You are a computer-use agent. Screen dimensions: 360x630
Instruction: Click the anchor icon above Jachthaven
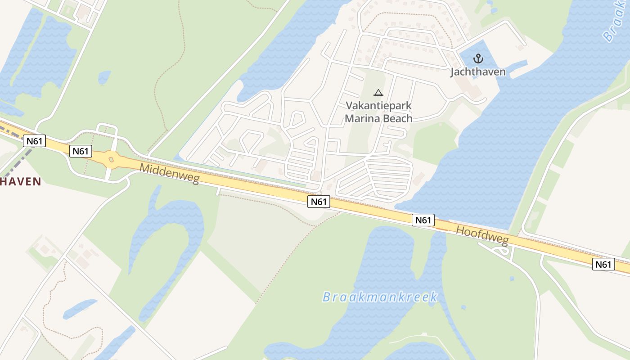[478, 58]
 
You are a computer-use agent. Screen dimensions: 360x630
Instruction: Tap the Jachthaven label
[478, 72]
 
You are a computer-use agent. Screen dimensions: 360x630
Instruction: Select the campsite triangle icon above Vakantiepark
[378, 93]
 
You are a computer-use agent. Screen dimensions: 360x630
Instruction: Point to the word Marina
[361, 118]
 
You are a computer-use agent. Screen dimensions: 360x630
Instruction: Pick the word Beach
[396, 118]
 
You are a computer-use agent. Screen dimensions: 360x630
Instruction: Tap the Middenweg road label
[169, 173]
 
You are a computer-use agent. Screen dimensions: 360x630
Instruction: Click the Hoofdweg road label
[482, 235]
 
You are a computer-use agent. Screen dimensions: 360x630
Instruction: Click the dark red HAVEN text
[21, 181]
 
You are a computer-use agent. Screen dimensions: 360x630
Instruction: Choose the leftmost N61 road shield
[35, 141]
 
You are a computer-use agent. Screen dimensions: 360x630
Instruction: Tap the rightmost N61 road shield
[603, 264]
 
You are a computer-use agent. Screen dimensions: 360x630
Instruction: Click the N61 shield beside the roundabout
[81, 151]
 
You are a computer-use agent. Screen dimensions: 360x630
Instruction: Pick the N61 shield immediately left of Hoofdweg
[423, 220]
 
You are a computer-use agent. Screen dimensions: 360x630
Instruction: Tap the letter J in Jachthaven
[453, 72]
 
